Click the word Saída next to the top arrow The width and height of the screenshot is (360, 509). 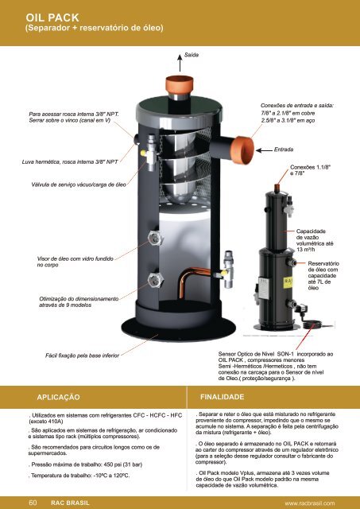(x=192, y=56)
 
